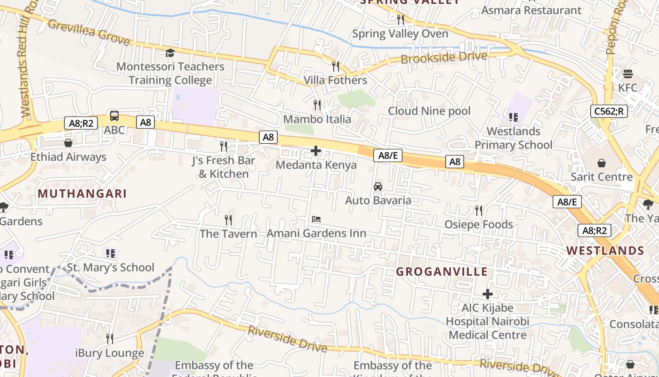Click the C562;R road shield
pyautogui.click(x=609, y=111)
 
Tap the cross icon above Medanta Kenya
pyautogui.click(x=316, y=151)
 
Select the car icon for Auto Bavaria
pyautogui.click(x=378, y=187)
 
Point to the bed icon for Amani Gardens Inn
pyautogui.click(x=316, y=219)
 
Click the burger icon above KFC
pyautogui.click(x=627, y=74)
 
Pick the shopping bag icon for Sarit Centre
pyautogui.click(x=601, y=163)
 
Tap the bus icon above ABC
pyautogui.click(x=114, y=116)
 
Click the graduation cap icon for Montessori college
pyautogui.click(x=170, y=53)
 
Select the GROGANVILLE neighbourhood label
pyautogui.click(x=442, y=272)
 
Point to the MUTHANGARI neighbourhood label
pyautogui.click(x=82, y=194)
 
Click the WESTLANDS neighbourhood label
pyautogui.click(x=605, y=251)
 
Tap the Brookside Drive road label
pyautogui.click(x=444, y=57)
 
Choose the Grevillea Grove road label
pyautogui.click(x=88, y=32)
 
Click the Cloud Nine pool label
pyautogui.click(x=429, y=111)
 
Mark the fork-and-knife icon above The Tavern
pyautogui.click(x=228, y=220)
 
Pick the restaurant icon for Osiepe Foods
pyautogui.click(x=479, y=210)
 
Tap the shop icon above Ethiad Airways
pyautogui.click(x=68, y=143)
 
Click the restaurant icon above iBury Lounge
pyautogui.click(x=110, y=338)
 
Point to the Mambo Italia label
pyautogui.click(x=317, y=119)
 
